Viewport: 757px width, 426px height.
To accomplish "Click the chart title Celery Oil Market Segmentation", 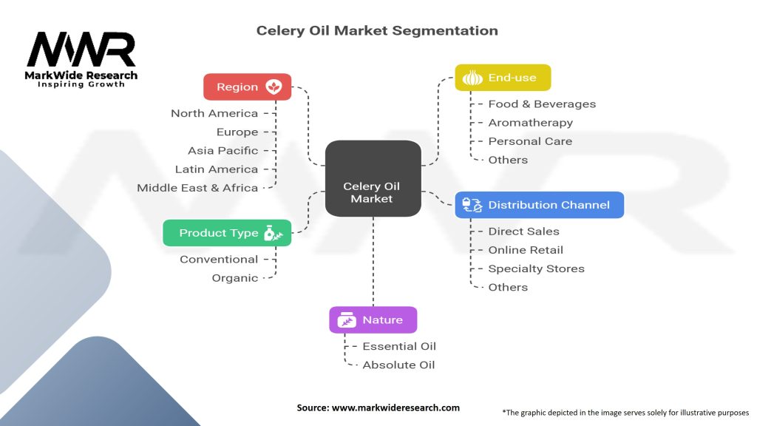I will (377, 30).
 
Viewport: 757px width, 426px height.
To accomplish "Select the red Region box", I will (248, 87).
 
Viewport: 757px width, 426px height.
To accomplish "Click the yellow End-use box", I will (502, 78).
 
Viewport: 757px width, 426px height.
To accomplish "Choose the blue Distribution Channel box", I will (539, 205).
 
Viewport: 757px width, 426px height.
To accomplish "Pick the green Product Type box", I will (227, 233).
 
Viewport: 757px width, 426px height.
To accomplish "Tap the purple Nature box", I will (373, 320).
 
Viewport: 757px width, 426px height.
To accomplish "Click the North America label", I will (214, 113).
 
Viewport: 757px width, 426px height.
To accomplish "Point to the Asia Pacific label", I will (223, 150).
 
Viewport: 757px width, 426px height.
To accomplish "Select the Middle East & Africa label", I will (197, 188).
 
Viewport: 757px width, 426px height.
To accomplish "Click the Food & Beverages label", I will (542, 104).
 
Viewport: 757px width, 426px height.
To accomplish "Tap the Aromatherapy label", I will (530, 123).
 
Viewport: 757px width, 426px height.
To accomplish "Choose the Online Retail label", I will (526, 250).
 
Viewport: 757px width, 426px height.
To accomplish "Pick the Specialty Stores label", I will (536, 268).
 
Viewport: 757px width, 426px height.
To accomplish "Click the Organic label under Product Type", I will (235, 278).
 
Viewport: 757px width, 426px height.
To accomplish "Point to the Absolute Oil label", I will (398, 365).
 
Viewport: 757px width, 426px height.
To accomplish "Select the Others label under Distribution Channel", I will (508, 287).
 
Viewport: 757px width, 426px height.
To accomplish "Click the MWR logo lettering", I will (81, 50).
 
